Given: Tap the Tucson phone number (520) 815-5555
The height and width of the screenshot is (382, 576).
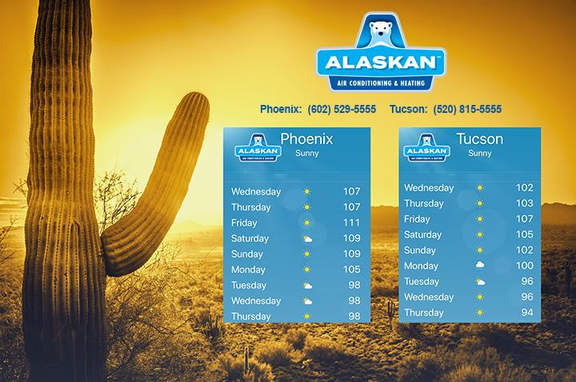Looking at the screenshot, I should click(467, 109).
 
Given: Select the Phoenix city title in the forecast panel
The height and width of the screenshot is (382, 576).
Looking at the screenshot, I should click(306, 139).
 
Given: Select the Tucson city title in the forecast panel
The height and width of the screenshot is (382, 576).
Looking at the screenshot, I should click(479, 139).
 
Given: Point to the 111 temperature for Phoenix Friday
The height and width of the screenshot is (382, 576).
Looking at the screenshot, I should click(351, 223).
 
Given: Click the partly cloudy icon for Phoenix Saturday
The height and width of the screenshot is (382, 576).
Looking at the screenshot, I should click(307, 239).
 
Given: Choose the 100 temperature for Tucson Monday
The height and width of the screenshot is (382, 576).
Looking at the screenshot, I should click(524, 266).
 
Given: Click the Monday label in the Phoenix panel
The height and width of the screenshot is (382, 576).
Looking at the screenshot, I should click(248, 270).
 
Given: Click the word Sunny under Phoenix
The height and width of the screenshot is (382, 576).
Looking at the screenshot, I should click(306, 153).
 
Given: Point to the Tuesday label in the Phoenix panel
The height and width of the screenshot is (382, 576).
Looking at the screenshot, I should click(249, 285).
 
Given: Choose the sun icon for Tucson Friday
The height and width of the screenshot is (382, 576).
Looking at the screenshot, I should click(480, 219).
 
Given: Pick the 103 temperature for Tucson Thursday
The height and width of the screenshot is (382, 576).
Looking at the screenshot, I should click(524, 203).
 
